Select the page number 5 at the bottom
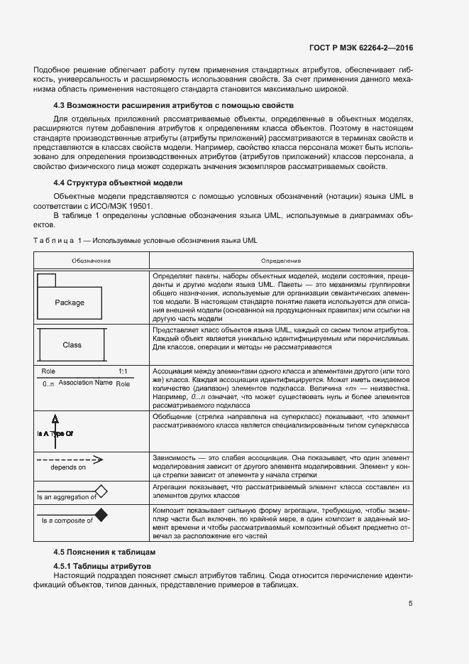coord(411,604)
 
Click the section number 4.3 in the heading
coord(62,106)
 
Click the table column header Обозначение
coord(91,261)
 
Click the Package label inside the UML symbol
coord(70,303)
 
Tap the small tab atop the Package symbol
coord(47,278)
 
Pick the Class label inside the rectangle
coord(72,345)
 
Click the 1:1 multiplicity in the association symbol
coord(123,371)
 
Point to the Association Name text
coord(85,383)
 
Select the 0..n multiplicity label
coord(48,383)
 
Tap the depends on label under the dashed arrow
coord(68,467)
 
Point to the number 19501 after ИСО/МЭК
coord(138,206)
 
